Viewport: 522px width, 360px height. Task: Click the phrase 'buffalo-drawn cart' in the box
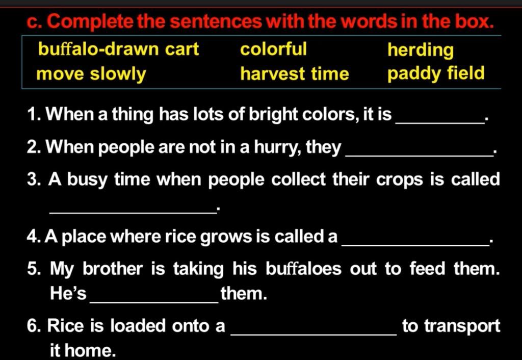[118, 49]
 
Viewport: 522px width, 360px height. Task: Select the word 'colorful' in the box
[273, 49]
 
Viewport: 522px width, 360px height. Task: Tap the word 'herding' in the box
[421, 50]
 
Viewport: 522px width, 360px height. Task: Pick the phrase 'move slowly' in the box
[91, 74]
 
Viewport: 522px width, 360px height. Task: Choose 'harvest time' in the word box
[295, 74]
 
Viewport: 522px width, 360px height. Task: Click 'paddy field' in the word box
[436, 74]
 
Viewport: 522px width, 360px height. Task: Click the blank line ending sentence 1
[440, 123]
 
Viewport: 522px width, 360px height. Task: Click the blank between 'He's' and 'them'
[154, 302]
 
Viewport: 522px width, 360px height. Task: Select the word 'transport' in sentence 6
[462, 326]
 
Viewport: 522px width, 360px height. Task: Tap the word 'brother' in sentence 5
[113, 268]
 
